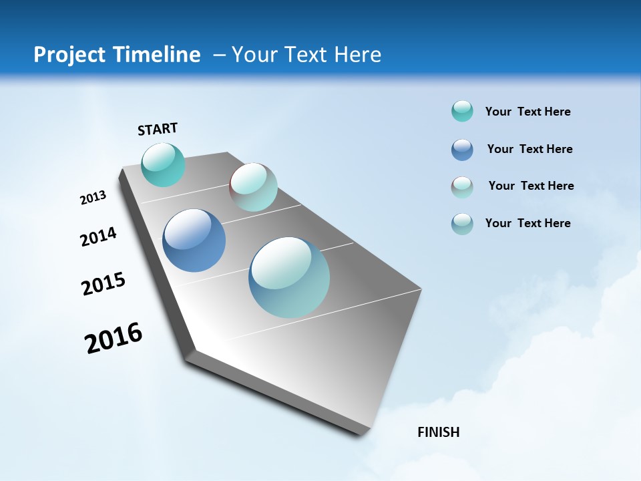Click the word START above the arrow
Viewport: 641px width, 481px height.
pyautogui.click(x=158, y=129)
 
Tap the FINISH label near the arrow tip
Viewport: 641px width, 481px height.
pyautogui.click(x=439, y=432)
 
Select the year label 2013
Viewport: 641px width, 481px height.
pyautogui.click(x=93, y=198)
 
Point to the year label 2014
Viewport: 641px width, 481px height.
pyautogui.click(x=98, y=236)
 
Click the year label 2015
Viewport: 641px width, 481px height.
pyautogui.click(x=103, y=284)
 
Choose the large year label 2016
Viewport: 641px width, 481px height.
pyautogui.click(x=114, y=338)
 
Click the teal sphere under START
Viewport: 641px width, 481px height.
pyautogui.click(x=163, y=164)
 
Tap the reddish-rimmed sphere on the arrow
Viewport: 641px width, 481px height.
pyautogui.click(x=253, y=187)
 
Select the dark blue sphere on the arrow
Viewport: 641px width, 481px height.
pyautogui.click(x=194, y=240)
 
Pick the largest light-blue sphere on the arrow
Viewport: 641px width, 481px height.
pyautogui.click(x=289, y=277)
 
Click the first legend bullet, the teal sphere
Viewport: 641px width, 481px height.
pyautogui.click(x=462, y=111)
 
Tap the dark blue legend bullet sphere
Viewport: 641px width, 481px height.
pyautogui.click(x=462, y=149)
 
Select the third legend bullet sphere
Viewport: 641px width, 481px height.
pyautogui.click(x=462, y=186)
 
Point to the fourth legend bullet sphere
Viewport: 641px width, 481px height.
pyautogui.click(x=462, y=223)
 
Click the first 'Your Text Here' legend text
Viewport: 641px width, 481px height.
pyautogui.click(x=527, y=112)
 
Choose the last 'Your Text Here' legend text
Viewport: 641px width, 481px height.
pyautogui.click(x=527, y=223)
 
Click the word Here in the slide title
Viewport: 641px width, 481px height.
pyautogui.click(x=357, y=55)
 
